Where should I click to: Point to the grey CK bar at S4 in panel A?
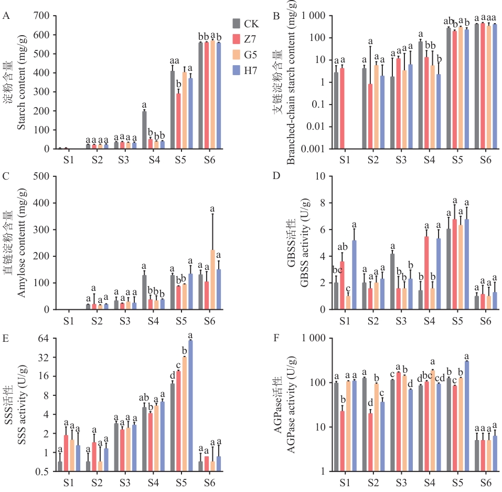[x=144, y=130]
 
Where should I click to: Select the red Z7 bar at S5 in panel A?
[x=178, y=121]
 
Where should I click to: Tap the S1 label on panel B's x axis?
[x=345, y=159]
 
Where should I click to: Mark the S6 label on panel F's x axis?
[x=485, y=481]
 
